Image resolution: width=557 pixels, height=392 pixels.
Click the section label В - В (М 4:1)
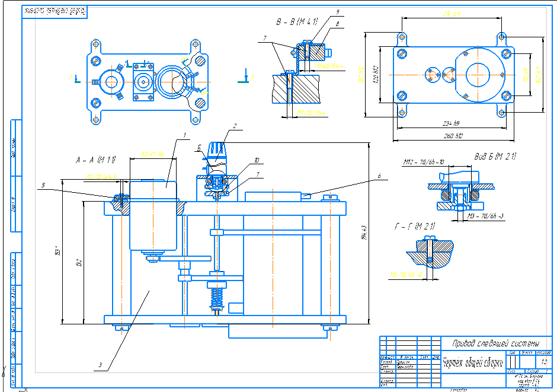coord(297,22)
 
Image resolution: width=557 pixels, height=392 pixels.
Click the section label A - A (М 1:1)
coord(95,160)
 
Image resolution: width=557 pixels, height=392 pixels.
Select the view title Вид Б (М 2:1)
coord(495,157)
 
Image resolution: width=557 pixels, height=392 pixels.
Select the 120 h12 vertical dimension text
coord(374,75)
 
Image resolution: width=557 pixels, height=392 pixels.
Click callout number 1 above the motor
coord(184,135)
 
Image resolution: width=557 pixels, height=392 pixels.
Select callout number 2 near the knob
coord(235,126)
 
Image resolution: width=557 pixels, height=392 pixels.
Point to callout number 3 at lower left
coord(101,364)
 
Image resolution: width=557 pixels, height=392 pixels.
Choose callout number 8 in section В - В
coord(337,24)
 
